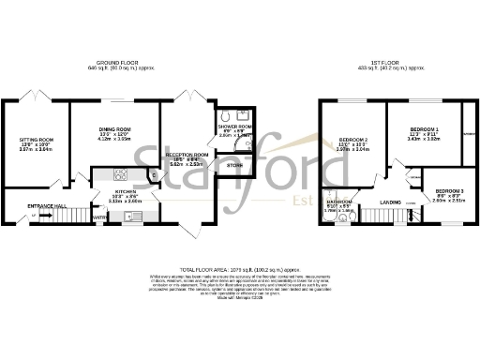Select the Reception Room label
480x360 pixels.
[186, 152]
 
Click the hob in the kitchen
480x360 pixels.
[120, 174]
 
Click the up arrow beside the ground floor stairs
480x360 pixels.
[36, 215]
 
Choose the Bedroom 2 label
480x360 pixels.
[352, 141]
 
